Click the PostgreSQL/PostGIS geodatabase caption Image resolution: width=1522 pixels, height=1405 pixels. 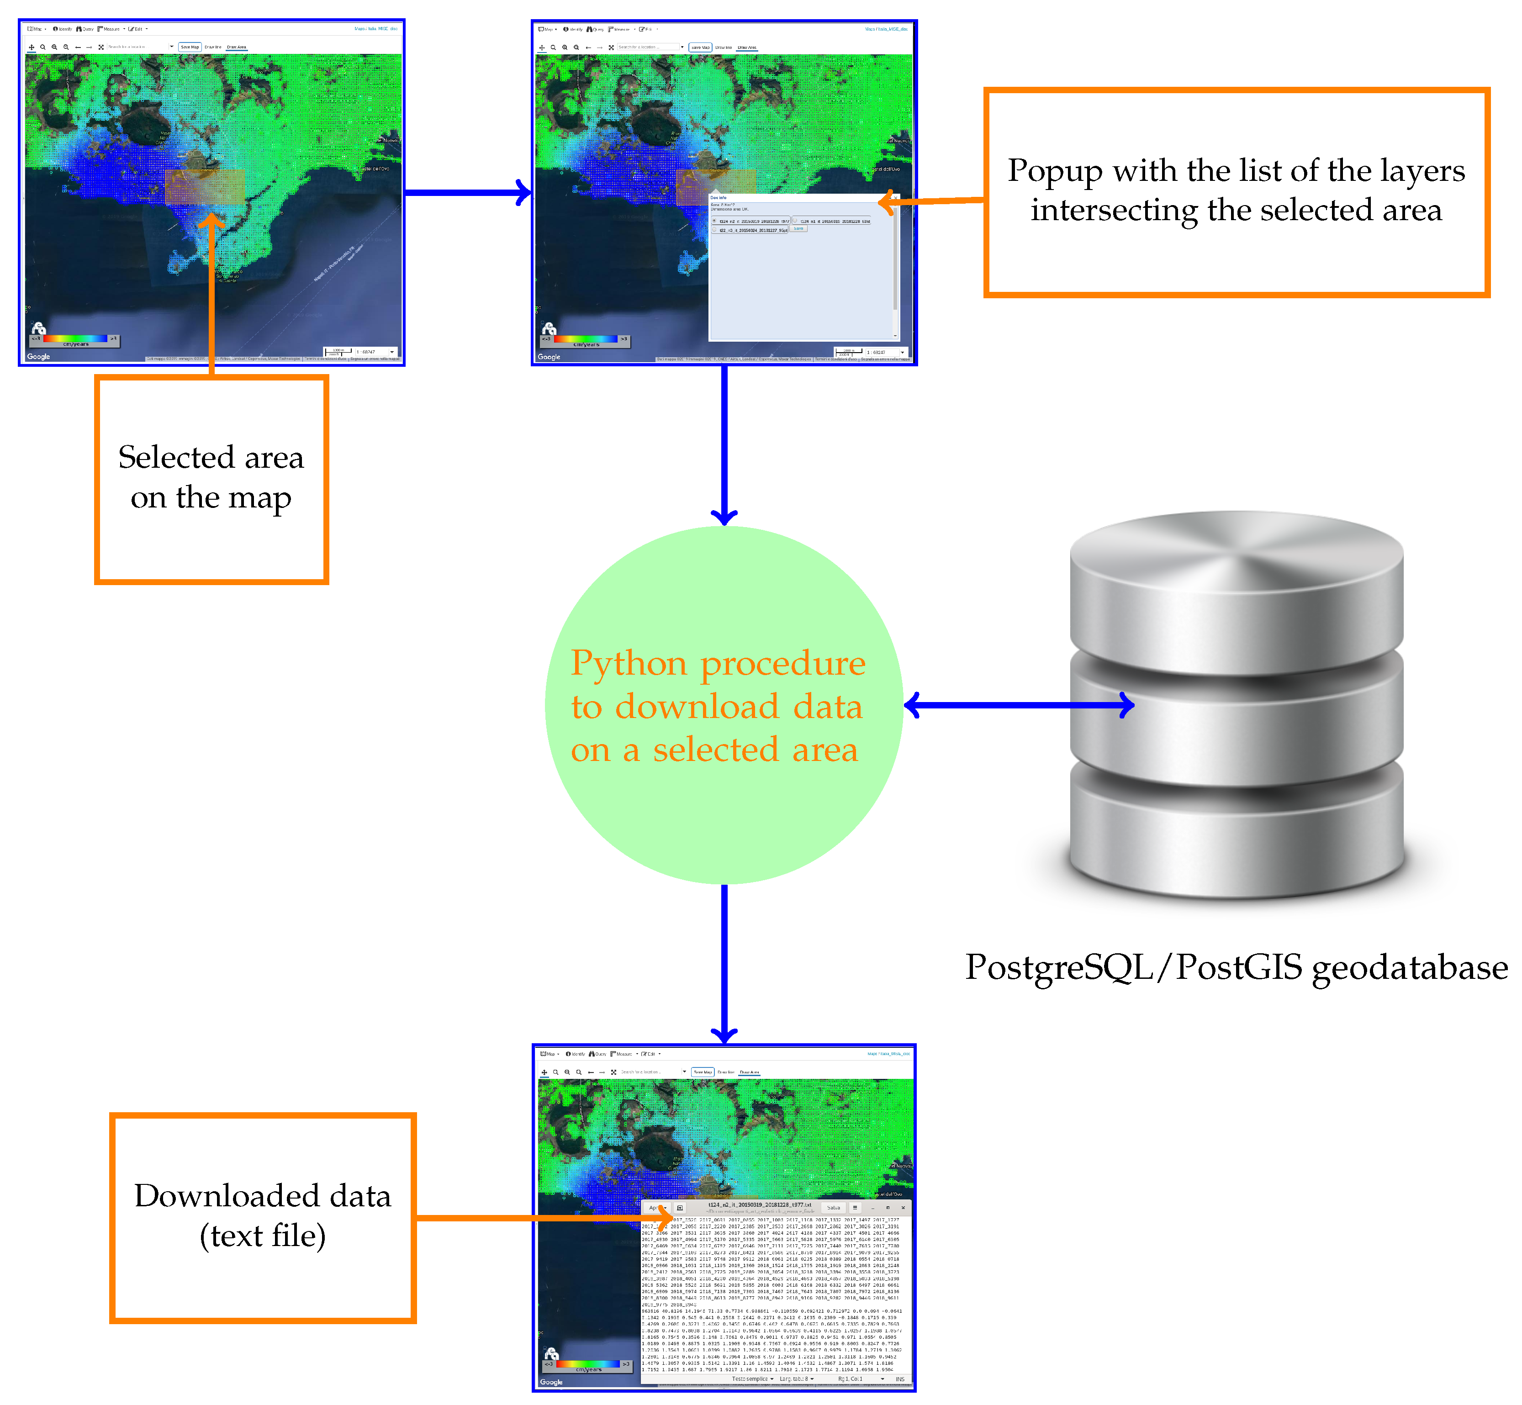point(1236,968)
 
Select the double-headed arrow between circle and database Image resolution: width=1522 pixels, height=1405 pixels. point(1019,706)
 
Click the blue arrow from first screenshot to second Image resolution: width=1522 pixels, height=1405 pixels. point(465,192)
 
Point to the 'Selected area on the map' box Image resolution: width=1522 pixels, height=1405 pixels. point(211,479)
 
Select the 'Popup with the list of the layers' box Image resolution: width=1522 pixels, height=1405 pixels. point(1236,191)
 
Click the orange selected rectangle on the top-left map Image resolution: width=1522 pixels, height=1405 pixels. point(204,187)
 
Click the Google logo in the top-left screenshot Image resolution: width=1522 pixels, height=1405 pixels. point(38,357)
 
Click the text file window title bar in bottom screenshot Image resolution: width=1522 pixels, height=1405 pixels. point(760,1207)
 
